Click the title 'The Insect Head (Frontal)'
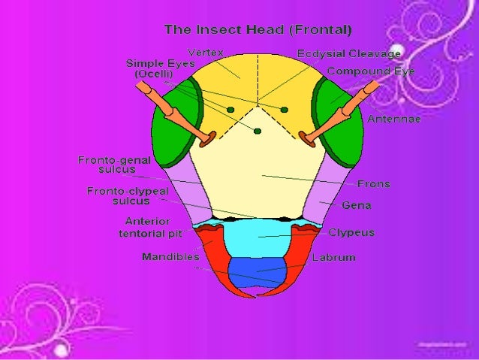(x=258, y=30)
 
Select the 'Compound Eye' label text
(x=371, y=71)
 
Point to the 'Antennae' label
(x=394, y=119)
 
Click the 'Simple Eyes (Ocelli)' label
(x=155, y=69)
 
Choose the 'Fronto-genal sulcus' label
(x=114, y=165)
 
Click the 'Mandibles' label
(x=170, y=257)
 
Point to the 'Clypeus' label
(x=351, y=233)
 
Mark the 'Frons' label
(x=373, y=183)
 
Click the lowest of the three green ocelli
(x=258, y=132)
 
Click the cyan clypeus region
(x=257, y=241)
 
